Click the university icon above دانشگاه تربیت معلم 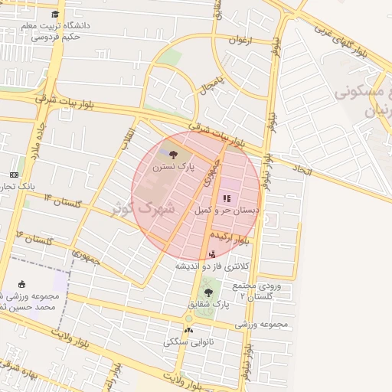tap(55, 15)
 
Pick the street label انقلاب tap(128, 137)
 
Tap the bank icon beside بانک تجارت tap(13, 175)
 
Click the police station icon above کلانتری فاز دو tap(212, 254)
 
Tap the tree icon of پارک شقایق tap(208, 292)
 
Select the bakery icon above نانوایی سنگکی tap(189, 330)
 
